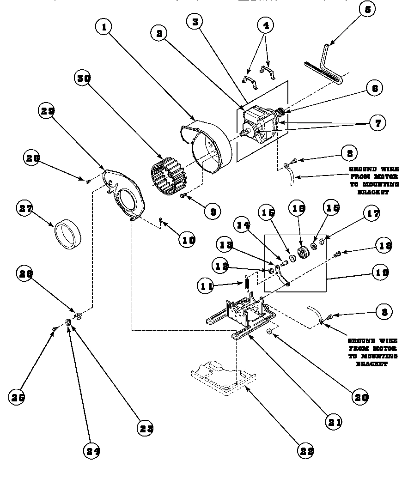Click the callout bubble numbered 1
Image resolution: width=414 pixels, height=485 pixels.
tap(104, 27)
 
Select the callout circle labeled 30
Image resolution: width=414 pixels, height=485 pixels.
tap(84, 78)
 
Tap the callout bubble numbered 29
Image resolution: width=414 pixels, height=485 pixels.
tap(48, 111)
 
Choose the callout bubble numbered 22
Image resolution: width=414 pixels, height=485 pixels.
tap(306, 451)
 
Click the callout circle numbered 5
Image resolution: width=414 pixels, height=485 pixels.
tap(367, 10)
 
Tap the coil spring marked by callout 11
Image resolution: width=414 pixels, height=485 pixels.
tap(247, 281)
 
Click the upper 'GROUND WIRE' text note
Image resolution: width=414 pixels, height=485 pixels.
tap(374, 180)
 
